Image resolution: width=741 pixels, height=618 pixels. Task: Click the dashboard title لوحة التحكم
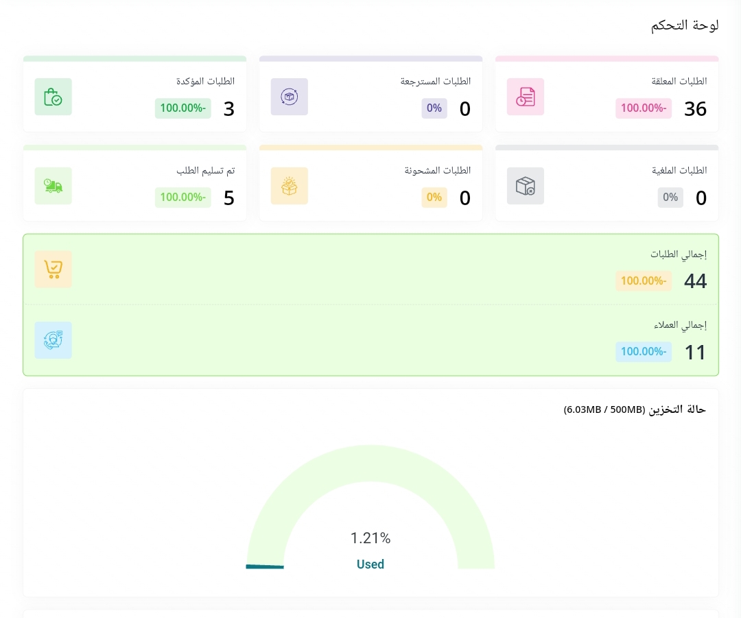(x=684, y=25)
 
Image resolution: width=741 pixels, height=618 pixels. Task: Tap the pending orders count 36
(x=695, y=109)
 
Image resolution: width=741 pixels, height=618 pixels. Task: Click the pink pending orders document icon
(x=526, y=97)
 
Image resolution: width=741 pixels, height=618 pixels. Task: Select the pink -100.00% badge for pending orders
(x=643, y=108)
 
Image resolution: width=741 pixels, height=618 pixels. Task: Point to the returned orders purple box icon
(x=289, y=97)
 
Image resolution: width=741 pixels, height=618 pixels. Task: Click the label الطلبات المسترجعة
(x=436, y=81)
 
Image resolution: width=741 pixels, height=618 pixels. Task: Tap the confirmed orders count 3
(x=229, y=109)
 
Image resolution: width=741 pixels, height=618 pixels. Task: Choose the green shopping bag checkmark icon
(x=53, y=97)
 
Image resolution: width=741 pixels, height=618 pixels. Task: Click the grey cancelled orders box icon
(x=526, y=186)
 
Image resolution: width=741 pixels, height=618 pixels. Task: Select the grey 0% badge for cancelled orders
(x=670, y=198)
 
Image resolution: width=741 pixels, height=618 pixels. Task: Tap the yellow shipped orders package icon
(x=289, y=186)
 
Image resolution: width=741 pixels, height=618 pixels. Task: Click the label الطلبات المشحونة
(x=438, y=170)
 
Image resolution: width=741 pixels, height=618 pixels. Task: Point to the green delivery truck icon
(x=53, y=186)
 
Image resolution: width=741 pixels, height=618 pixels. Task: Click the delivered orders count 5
(x=229, y=198)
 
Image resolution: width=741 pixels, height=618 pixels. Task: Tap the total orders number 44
(x=695, y=281)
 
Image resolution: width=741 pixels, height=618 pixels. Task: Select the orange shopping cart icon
(x=53, y=269)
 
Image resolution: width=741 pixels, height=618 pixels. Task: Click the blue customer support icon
(x=53, y=340)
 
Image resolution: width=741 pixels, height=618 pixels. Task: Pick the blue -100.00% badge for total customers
(x=643, y=352)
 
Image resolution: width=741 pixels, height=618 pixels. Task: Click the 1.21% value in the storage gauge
(x=370, y=538)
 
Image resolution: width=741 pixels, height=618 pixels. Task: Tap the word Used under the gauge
(x=370, y=564)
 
